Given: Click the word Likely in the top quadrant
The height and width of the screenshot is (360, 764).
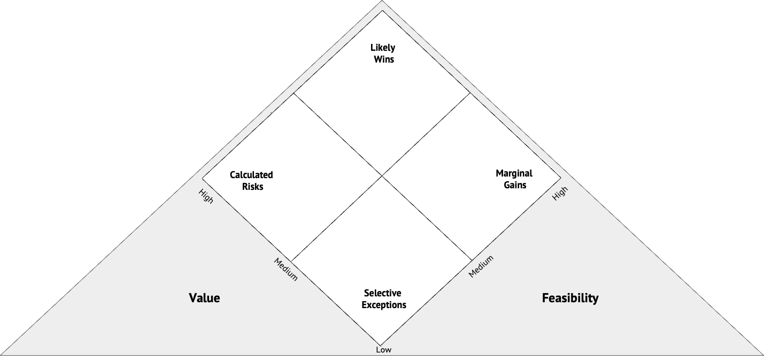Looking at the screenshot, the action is (x=383, y=48).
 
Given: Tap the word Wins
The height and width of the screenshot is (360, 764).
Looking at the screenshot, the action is (x=384, y=59).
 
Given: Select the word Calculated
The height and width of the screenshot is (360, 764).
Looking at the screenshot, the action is (x=251, y=175).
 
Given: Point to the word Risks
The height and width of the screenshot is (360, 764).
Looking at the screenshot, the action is (x=252, y=187).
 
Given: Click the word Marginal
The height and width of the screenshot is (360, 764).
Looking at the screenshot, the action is (x=514, y=173).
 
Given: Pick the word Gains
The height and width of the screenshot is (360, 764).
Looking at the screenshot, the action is (x=515, y=185).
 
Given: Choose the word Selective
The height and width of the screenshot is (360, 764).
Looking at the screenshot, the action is (x=382, y=293).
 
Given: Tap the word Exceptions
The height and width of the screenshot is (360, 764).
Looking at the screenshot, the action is (x=384, y=305).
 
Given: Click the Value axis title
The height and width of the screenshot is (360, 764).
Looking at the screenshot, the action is (x=204, y=298).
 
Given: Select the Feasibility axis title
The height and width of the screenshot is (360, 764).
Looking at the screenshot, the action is (x=570, y=298).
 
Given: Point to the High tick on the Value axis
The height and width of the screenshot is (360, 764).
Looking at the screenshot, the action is (x=206, y=196).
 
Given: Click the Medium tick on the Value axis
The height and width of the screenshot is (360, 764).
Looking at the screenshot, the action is (x=285, y=269).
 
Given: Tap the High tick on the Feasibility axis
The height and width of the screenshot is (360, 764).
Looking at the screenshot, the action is (x=560, y=194).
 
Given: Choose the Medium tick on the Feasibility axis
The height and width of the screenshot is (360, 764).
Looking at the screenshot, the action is (x=481, y=266).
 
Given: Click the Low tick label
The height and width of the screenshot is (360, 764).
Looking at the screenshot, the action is (x=383, y=350).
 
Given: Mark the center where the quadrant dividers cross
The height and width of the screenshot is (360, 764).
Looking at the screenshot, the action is (x=382, y=175).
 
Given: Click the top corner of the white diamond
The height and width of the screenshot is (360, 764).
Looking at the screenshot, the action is (x=382, y=10).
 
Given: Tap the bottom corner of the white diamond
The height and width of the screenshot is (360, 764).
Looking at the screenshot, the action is (x=381, y=345).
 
